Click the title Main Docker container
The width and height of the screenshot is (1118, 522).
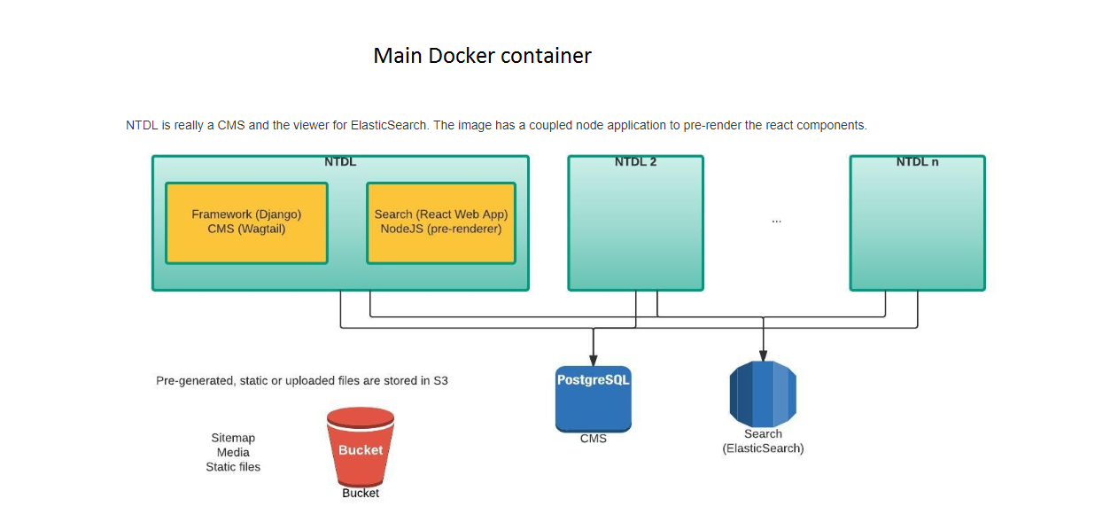point(482,56)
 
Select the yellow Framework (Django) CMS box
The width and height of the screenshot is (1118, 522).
point(246,222)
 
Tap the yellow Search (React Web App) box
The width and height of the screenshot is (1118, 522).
point(440,222)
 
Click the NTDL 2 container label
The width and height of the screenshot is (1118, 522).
point(635,162)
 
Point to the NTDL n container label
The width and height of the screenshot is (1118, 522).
point(917,162)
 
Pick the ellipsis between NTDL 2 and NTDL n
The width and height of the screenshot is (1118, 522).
point(776,220)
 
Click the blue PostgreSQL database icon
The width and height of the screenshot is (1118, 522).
point(593,398)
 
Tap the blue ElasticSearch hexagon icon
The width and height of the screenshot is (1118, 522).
point(763,394)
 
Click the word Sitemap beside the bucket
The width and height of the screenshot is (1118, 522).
point(233,438)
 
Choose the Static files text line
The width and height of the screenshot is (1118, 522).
point(233,467)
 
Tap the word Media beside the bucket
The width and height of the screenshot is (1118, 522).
point(233,453)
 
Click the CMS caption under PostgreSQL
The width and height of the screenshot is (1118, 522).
point(593,439)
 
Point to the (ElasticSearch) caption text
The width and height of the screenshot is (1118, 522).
point(763,448)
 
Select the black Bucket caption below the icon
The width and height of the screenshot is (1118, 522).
point(361,493)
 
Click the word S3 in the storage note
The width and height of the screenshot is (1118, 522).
point(440,381)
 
